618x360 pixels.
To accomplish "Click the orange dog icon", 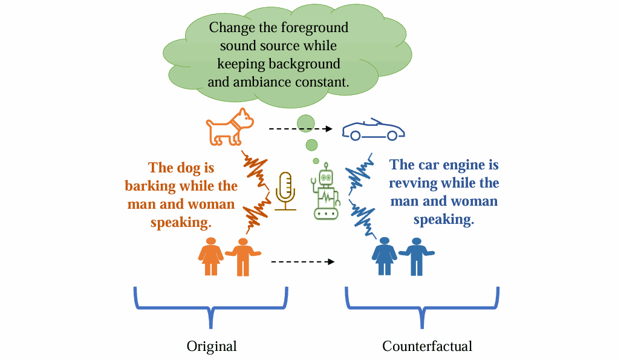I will click(229, 126).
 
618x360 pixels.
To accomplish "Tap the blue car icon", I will click(373, 129).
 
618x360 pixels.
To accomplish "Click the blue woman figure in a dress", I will click(384, 256).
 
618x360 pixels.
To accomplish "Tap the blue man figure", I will click(416, 256).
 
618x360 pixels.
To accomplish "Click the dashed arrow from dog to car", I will click(301, 129).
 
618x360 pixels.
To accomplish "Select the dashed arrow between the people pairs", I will click(302, 262).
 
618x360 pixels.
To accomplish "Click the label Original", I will click(211, 346).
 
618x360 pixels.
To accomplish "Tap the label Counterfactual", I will click(427, 346).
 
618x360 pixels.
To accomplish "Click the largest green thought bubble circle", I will click(306, 123).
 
